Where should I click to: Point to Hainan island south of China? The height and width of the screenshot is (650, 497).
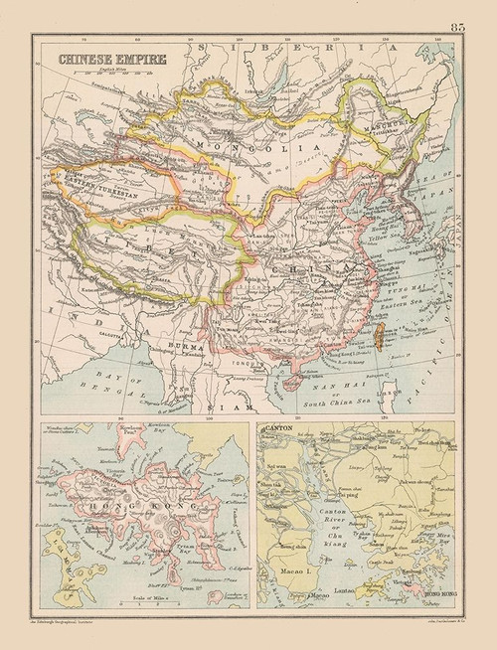coord(291,386)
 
